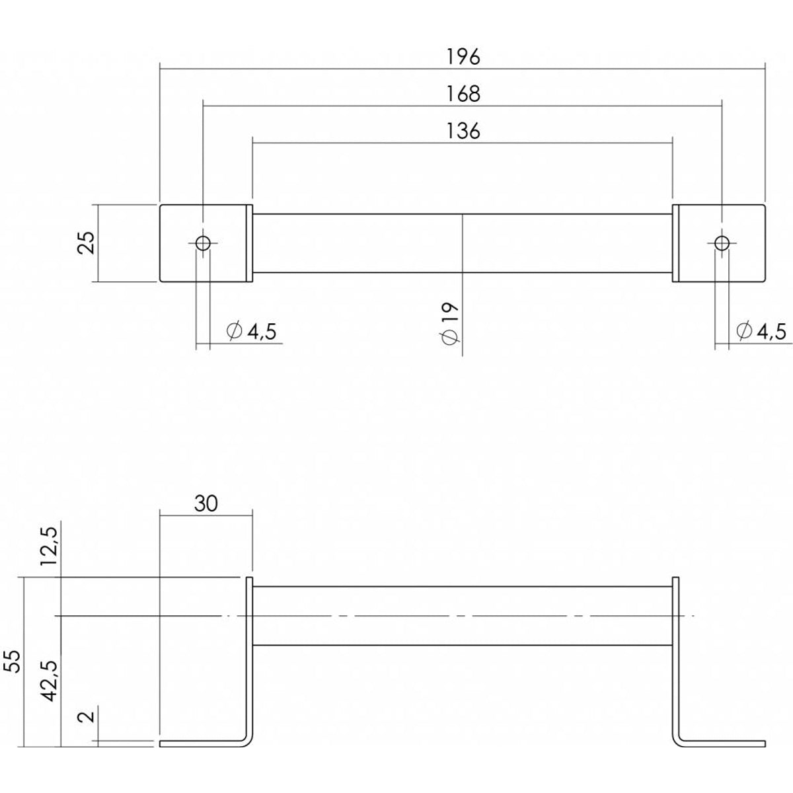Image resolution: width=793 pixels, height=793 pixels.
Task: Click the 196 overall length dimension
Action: point(463,57)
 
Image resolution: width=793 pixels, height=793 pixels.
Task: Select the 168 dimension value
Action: point(463,94)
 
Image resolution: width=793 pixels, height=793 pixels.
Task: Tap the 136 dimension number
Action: point(463,132)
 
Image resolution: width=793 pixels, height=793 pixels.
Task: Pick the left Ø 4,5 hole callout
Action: point(251,331)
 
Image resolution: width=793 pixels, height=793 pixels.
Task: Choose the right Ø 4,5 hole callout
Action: point(761,331)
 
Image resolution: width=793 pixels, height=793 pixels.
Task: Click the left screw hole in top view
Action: point(203,243)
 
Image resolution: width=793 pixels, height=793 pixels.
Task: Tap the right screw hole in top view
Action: point(722,243)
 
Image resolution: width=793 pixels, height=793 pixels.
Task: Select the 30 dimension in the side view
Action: point(206,503)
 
